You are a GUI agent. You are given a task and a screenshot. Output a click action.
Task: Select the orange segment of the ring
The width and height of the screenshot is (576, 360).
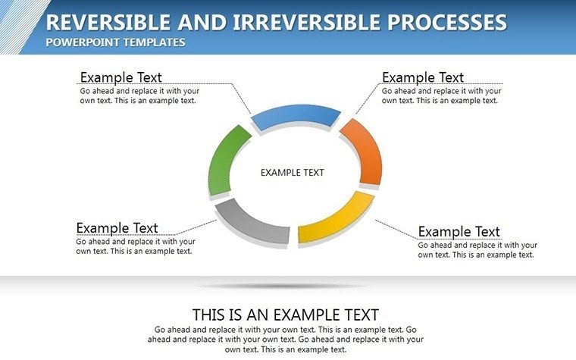[362, 151]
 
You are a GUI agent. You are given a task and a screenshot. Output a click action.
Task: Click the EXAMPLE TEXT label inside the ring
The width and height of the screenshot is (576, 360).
[292, 173]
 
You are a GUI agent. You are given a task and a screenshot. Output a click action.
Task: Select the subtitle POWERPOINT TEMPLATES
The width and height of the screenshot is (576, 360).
[115, 42]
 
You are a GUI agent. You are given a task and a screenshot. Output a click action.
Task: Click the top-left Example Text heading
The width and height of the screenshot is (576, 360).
[121, 77]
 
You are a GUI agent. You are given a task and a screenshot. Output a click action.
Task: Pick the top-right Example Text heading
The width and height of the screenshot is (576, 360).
[422, 77]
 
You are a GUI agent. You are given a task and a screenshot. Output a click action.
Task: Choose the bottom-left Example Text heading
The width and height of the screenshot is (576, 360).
[117, 228]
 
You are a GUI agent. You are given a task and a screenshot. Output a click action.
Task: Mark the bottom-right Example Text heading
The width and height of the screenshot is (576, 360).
[459, 231]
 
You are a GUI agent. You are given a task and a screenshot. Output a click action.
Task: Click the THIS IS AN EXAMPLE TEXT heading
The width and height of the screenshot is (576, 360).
[286, 315]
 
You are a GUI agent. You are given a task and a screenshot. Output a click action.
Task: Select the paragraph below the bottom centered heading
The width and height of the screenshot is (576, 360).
[286, 340]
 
